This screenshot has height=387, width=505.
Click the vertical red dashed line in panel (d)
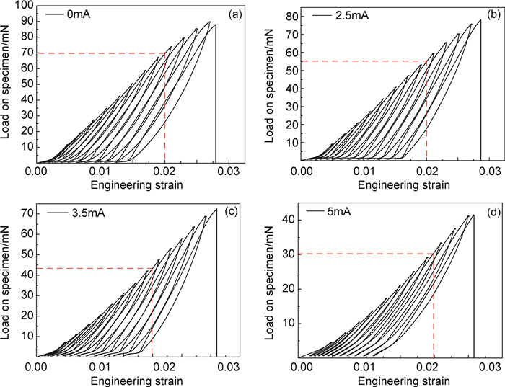coord(434,310)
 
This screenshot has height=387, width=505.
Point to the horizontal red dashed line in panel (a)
coord(101,53)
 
